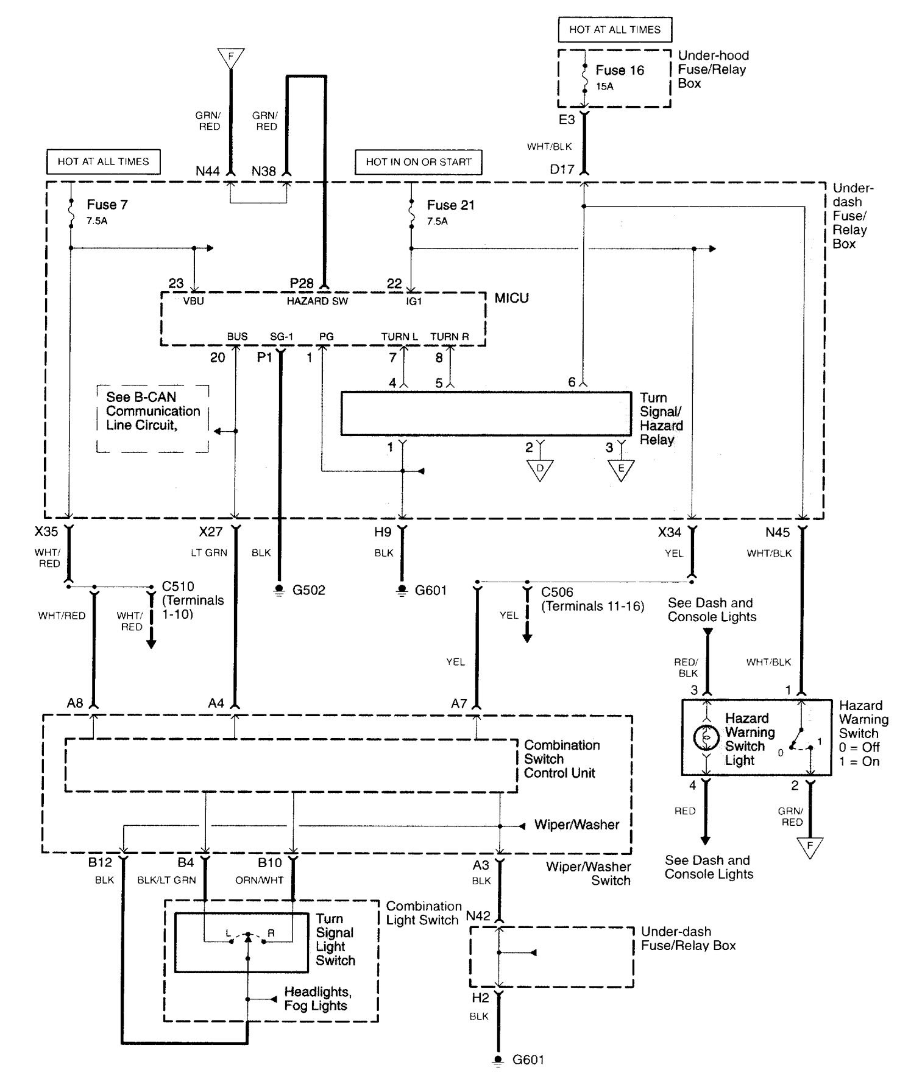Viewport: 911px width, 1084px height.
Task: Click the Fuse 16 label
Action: point(620,71)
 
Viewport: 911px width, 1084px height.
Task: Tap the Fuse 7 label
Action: point(107,205)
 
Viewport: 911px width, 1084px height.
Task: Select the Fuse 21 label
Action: point(450,205)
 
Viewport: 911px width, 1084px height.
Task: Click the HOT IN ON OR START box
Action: point(419,162)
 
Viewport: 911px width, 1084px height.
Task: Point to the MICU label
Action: point(511,298)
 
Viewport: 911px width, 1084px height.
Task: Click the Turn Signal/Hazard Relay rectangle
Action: point(486,414)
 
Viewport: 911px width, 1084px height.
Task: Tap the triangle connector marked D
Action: point(540,470)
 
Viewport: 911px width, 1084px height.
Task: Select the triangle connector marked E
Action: point(621,470)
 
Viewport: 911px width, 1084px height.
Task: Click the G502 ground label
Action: point(309,590)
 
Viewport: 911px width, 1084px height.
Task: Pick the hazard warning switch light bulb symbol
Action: point(706,737)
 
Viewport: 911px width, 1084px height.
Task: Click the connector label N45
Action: point(778,533)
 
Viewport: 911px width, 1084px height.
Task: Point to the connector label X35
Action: point(46,532)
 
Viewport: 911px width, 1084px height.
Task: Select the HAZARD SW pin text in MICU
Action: point(317,301)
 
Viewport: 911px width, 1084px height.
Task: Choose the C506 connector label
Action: point(557,592)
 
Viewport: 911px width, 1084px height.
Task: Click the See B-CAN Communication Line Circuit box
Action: point(153,418)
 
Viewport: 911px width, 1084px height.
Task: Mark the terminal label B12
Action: point(100,862)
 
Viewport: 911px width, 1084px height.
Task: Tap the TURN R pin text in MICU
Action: point(450,337)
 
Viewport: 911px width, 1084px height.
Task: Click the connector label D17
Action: point(562,170)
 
